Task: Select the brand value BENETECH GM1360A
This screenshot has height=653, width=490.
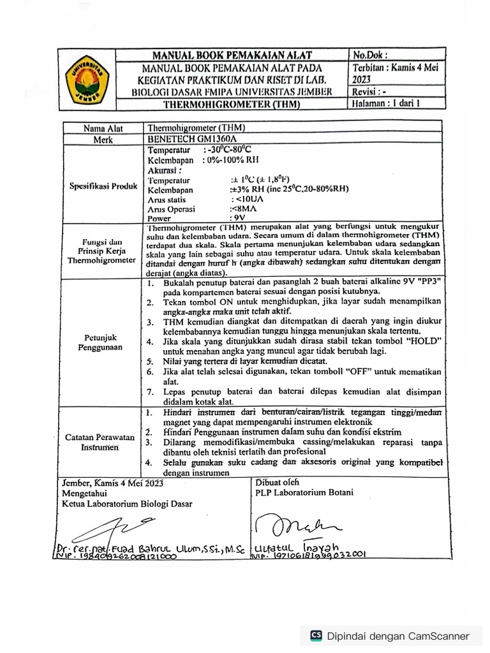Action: coord(192,138)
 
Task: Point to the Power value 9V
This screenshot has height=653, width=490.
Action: coord(236,217)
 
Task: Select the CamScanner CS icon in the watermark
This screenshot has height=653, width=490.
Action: coord(316,635)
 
